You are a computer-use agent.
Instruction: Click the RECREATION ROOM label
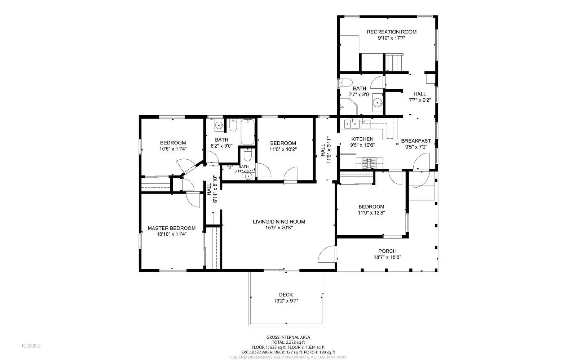click(x=391, y=32)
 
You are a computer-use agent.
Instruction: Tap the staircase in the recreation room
click(x=394, y=62)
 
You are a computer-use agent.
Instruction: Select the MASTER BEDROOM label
click(x=172, y=228)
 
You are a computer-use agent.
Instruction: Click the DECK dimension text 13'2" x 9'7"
click(x=286, y=301)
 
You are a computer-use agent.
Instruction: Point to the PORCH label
click(x=387, y=251)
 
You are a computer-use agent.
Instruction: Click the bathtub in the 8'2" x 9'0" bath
click(x=248, y=132)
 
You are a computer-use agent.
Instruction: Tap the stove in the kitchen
click(x=369, y=163)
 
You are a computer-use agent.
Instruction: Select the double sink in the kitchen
click(x=352, y=124)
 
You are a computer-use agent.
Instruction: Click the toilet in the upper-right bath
click(x=345, y=83)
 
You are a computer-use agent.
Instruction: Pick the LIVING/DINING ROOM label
click(x=279, y=222)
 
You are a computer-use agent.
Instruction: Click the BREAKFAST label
click(x=416, y=141)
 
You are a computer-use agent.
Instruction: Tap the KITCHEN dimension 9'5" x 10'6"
click(x=362, y=145)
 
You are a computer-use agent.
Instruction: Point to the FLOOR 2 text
click(x=31, y=346)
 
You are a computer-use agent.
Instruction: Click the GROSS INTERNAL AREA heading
click(x=288, y=337)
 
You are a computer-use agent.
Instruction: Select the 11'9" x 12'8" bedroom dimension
click(x=371, y=213)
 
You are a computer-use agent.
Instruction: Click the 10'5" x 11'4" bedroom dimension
click(x=173, y=148)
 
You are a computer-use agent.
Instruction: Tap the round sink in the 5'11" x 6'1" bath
click(x=248, y=177)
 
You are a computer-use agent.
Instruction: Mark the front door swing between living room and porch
click(x=327, y=254)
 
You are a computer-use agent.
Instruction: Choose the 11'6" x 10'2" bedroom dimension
click(x=283, y=149)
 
